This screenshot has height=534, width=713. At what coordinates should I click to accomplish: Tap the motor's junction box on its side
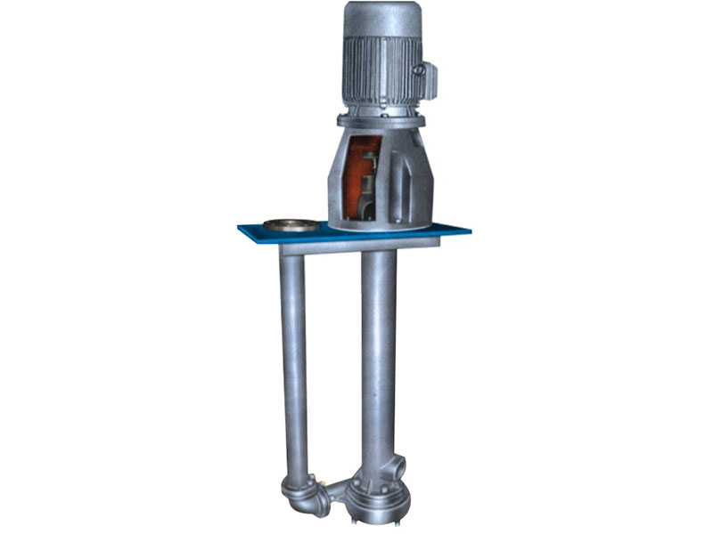coord(426,79)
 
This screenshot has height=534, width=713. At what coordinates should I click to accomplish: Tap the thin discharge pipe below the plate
coord(293,356)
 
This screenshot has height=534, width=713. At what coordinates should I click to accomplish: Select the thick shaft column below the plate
coord(379,356)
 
